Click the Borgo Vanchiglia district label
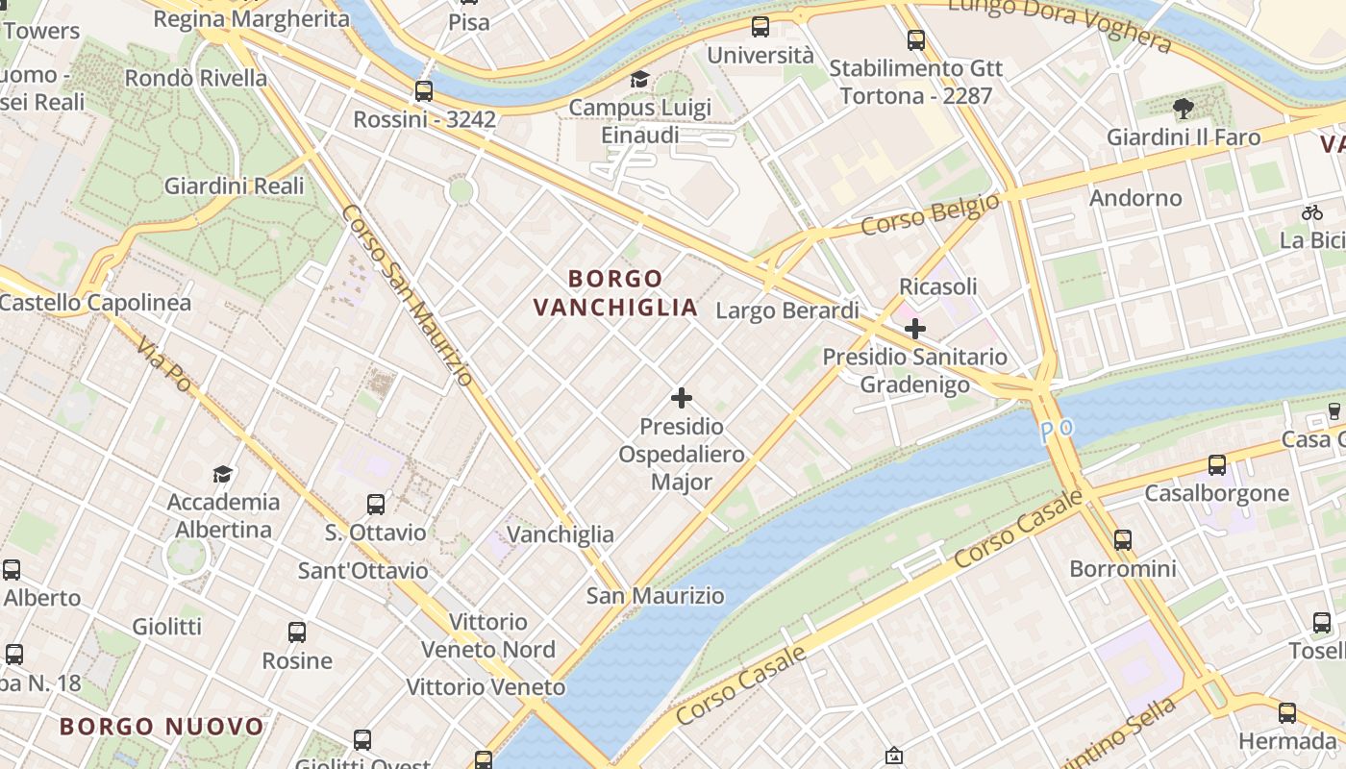click(615, 293)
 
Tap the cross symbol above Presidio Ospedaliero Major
click(682, 397)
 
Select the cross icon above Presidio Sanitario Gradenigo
click(914, 329)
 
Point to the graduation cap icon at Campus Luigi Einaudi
click(639, 79)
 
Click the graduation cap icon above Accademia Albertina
click(223, 474)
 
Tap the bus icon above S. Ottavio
click(376, 504)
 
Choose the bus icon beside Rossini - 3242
click(423, 91)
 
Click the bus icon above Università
click(760, 27)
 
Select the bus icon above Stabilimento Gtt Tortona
click(916, 40)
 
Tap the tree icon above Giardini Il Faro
click(1183, 109)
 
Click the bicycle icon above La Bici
click(1312, 212)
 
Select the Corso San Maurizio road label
click(408, 296)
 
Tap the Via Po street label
click(163, 364)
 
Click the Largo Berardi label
click(787, 310)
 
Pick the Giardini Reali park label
click(234, 186)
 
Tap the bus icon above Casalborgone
click(1216, 465)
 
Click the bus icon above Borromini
click(1122, 540)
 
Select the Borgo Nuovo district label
click(162, 726)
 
